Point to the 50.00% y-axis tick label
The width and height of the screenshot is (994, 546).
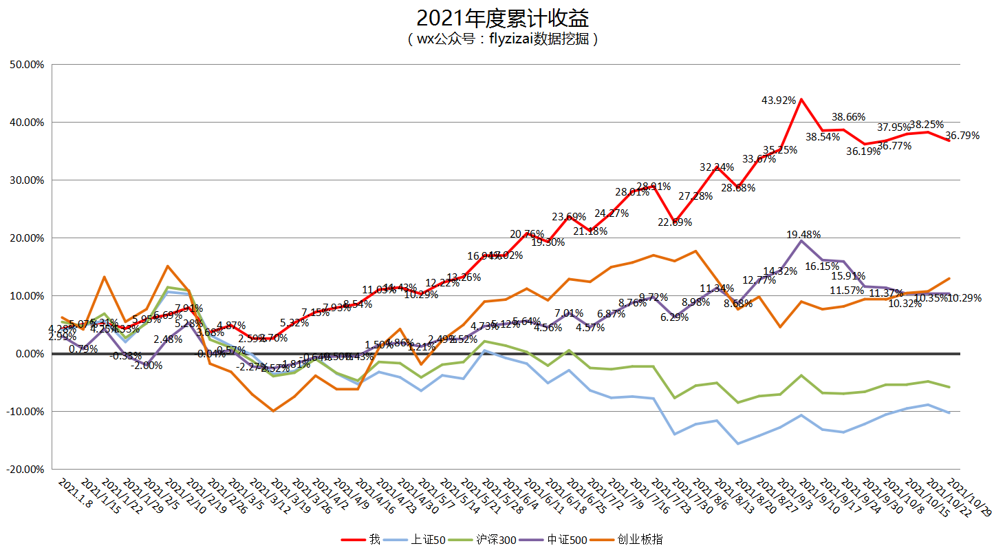pyautogui.click(x=27, y=65)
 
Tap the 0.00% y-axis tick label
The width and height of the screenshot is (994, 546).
pyautogui.click(x=29, y=354)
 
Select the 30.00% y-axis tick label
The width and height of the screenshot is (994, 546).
pyautogui.click(x=27, y=180)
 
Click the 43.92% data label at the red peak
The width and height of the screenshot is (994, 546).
pyautogui.click(x=779, y=101)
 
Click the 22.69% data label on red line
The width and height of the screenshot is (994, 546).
pyautogui.click(x=675, y=222)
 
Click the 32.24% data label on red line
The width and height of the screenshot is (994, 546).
pyautogui.click(x=717, y=167)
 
